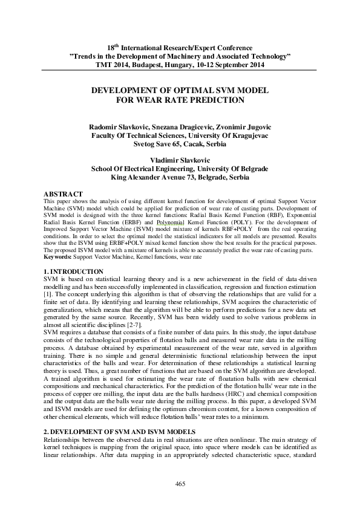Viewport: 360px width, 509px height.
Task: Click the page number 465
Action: pyautogui.click(x=180, y=483)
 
